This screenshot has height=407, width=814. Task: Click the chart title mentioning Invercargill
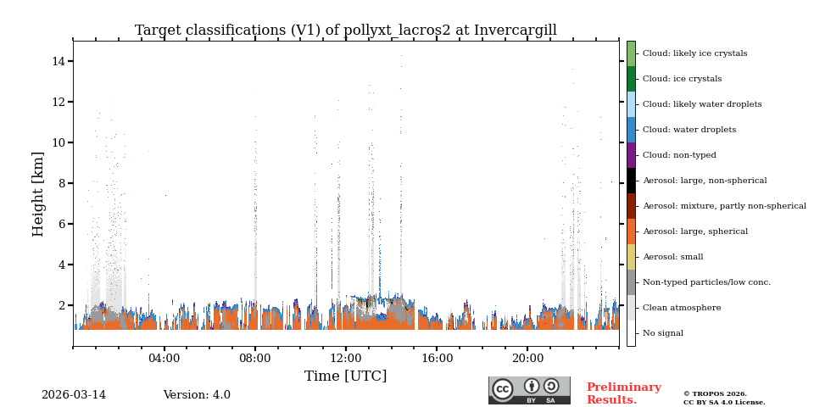point(345,31)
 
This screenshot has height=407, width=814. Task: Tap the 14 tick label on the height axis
point(59,61)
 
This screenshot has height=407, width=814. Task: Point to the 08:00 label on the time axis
point(255,358)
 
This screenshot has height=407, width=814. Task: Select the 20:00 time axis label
point(527,358)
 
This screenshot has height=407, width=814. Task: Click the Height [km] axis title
point(38,193)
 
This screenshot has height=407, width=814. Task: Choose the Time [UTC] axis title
point(345,376)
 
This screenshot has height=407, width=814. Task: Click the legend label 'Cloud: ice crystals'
point(682,79)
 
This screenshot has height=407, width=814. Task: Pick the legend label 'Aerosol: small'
point(672,257)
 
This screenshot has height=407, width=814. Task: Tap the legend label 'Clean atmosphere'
point(681,308)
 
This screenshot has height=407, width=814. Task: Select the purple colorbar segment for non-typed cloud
point(631,155)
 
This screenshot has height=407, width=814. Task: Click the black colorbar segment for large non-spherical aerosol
point(631,181)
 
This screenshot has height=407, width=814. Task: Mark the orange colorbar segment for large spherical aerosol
point(631,231)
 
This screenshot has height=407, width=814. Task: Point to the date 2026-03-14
point(74,395)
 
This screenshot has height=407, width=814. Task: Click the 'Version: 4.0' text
point(197,395)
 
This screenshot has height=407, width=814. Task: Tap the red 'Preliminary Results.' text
point(623,393)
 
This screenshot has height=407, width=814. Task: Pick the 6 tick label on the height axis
point(59,224)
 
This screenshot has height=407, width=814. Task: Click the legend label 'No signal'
point(662,333)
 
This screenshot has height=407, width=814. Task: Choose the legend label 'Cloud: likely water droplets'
point(701,104)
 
